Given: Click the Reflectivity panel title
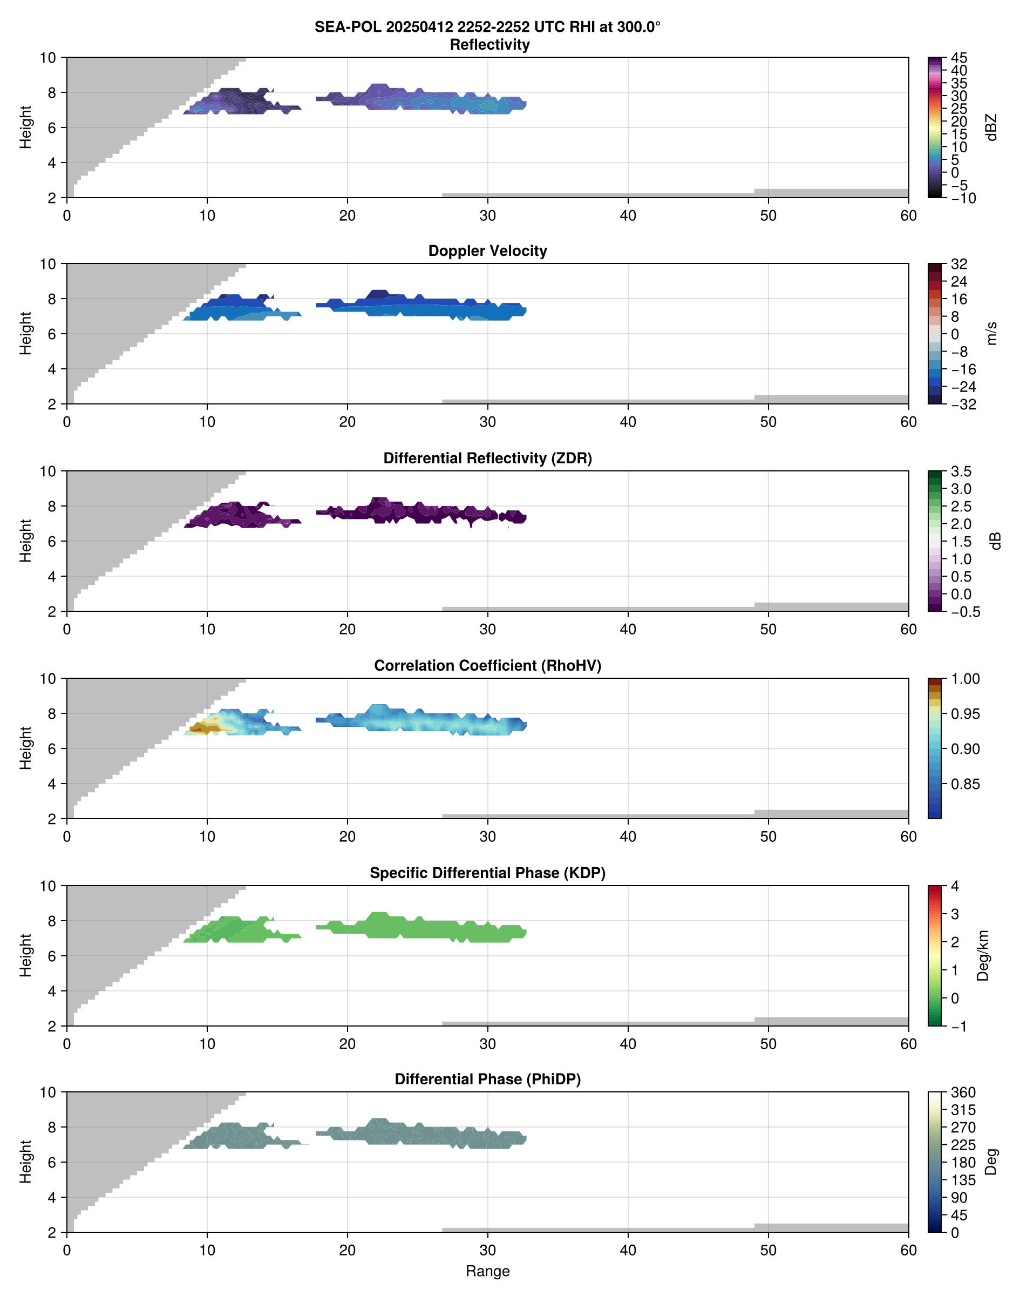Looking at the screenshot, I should [489, 45].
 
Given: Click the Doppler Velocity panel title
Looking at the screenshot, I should [487, 251].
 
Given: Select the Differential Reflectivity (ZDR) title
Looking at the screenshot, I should [487, 458].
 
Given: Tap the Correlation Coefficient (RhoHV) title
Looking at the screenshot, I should [487, 666].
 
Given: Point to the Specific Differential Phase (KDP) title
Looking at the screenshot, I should [487, 873].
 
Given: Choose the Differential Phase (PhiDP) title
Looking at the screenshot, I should [487, 1079].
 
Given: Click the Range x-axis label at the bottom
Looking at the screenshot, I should [487, 1271].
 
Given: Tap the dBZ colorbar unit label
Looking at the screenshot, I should [992, 127].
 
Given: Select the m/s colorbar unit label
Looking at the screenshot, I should [992, 333].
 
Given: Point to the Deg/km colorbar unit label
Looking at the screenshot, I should [982, 955].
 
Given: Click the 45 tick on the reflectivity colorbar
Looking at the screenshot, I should [959, 58].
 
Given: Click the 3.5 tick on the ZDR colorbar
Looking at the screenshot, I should [961, 471].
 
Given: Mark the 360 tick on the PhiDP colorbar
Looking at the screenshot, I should [963, 1092].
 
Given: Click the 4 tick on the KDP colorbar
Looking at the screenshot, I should [955, 886].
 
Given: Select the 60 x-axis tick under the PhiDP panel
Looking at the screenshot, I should [908, 1250].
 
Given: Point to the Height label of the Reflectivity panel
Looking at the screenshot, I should [25, 127].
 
